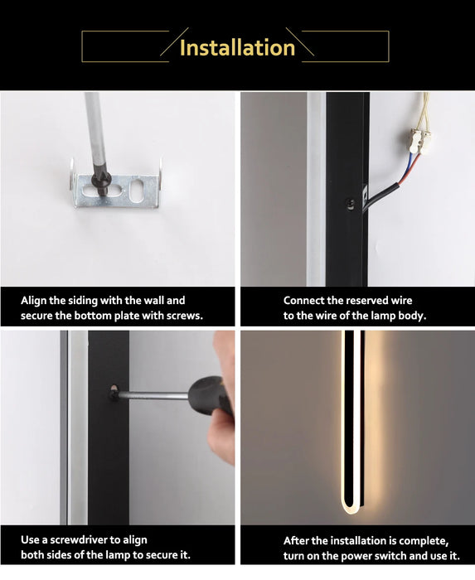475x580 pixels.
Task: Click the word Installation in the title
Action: click(237, 48)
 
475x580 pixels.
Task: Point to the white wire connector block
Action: click(421, 140)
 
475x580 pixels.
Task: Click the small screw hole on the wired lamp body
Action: click(350, 203)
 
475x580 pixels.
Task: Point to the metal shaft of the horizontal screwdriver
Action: click(153, 396)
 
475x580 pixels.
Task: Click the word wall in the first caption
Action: click(153, 300)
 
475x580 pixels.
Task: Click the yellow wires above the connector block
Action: click(425, 111)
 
